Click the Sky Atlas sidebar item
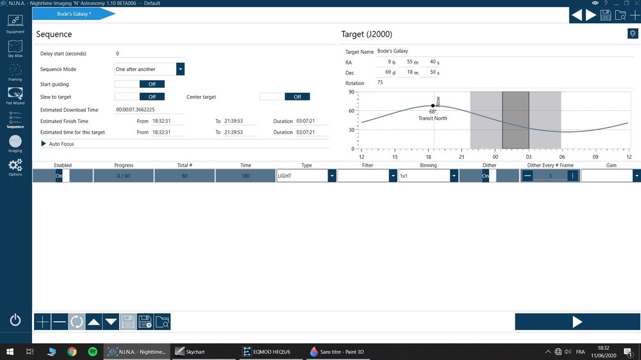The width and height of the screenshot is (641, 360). pyautogui.click(x=15, y=49)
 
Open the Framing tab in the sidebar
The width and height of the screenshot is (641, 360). pyautogui.click(x=15, y=72)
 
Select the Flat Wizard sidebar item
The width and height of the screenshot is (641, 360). pyautogui.click(x=15, y=95)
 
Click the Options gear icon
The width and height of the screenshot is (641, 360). pyautogui.click(x=15, y=167)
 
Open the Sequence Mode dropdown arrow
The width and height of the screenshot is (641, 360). pyautogui.click(x=180, y=69)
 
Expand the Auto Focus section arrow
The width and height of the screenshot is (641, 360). pyautogui.click(x=44, y=144)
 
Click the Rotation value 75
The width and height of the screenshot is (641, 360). pyautogui.click(x=380, y=83)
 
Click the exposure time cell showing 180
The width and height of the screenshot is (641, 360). pyautogui.click(x=246, y=176)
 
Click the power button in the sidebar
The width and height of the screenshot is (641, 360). pyautogui.click(x=15, y=319)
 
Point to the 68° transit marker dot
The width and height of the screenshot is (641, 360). pyautogui.click(x=433, y=106)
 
